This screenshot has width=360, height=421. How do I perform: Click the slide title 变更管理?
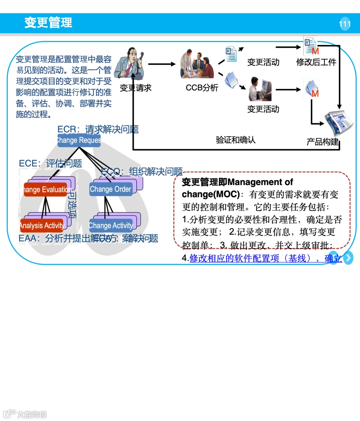48,23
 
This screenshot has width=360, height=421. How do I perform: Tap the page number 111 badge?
345,24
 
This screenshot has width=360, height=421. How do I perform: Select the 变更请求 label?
135,88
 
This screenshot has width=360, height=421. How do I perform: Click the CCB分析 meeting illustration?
197,65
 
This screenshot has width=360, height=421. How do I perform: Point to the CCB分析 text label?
202,88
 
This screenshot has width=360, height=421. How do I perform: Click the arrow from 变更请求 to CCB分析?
161,64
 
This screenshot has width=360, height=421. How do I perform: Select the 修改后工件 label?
316,62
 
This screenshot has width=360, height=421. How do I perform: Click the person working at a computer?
260,89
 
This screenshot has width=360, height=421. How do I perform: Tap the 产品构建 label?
322,142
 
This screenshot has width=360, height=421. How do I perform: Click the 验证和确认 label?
235,140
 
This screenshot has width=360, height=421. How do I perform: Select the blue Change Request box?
79,140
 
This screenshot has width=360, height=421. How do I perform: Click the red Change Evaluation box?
46,190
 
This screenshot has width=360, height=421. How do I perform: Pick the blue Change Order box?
111,189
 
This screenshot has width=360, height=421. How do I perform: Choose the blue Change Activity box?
111,226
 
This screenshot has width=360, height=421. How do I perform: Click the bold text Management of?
260,182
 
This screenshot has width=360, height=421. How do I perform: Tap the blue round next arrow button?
348,258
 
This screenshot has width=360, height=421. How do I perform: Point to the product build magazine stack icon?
338,122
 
